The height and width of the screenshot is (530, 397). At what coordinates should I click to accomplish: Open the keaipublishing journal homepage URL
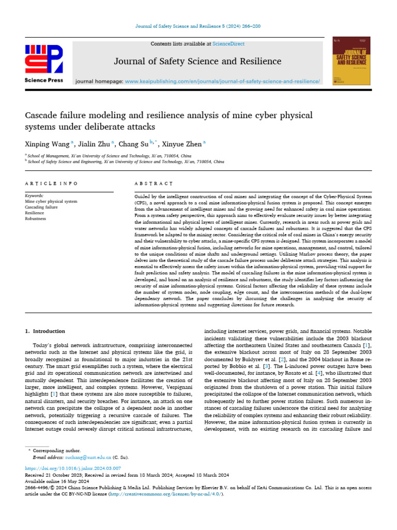tap(223, 81)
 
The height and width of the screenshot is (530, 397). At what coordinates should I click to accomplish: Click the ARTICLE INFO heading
tap(51, 183)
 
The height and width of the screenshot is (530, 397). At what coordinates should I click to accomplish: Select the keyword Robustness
tap(35, 218)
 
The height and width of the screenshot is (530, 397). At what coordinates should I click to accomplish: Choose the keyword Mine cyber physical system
tap(51, 201)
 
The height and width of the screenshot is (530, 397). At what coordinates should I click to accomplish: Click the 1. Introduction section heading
tap(45, 331)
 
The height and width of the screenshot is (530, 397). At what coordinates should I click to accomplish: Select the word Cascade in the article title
tap(42, 114)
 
